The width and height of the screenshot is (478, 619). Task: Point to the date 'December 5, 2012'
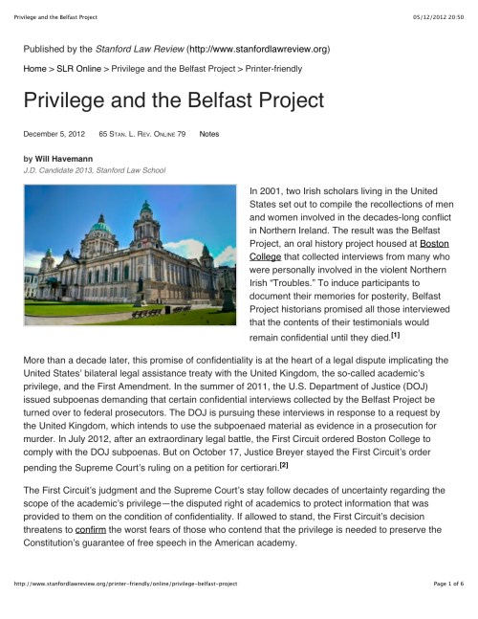53,134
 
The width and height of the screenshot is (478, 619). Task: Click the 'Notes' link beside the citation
209,134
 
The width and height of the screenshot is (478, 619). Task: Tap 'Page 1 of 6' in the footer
445,609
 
